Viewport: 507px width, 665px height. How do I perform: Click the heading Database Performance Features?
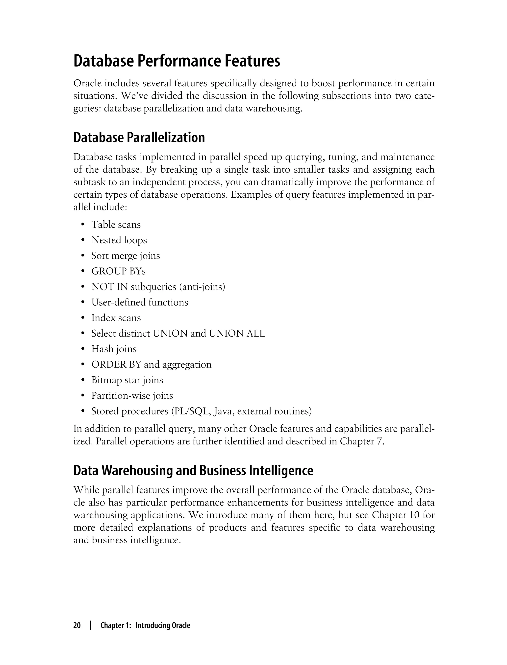tap(177, 61)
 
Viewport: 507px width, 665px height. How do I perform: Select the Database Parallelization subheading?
tap(139, 138)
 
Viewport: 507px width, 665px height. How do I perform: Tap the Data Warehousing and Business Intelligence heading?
tap(193, 471)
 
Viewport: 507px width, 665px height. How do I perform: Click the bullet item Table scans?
tap(116, 225)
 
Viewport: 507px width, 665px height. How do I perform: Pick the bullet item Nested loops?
tap(119, 240)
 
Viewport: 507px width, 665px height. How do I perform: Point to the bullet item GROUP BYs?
tap(118, 271)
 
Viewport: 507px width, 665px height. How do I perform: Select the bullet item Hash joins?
tap(114, 349)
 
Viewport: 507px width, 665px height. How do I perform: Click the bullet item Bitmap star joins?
tap(127, 380)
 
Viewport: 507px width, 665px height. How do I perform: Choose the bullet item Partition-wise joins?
tap(132, 396)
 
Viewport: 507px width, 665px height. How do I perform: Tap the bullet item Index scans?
tap(116, 318)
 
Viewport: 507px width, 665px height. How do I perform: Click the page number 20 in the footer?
tap(77, 625)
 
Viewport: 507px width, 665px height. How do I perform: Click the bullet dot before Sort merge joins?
tap(83, 256)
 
